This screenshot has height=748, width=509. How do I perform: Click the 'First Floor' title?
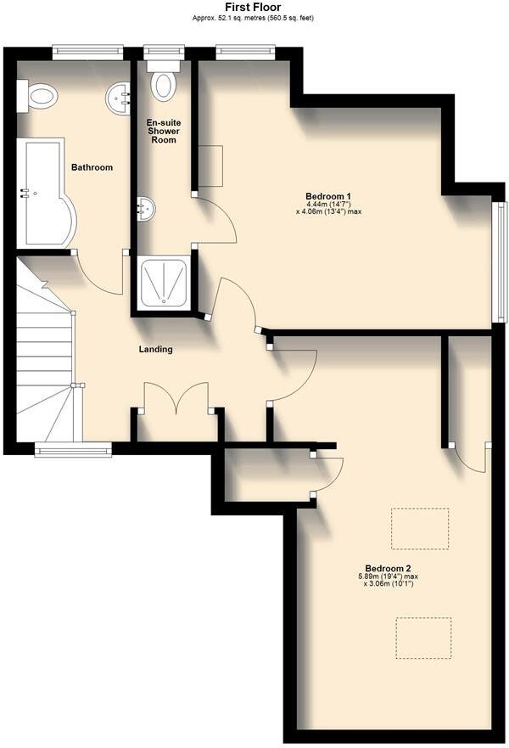(x=253, y=7)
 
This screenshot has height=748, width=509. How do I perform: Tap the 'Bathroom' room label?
(x=92, y=167)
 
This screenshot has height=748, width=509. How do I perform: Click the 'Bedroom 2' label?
(x=388, y=568)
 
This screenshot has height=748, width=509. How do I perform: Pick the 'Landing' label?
(x=156, y=349)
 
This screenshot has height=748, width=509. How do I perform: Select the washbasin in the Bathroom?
(x=118, y=98)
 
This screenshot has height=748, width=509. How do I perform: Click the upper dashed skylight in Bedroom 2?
(x=419, y=528)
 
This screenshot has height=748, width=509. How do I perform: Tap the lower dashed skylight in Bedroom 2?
(x=423, y=638)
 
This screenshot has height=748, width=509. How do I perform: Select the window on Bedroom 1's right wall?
(x=500, y=262)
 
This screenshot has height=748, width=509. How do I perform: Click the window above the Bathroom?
(x=87, y=53)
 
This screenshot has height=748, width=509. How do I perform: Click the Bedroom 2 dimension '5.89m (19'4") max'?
(x=388, y=576)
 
